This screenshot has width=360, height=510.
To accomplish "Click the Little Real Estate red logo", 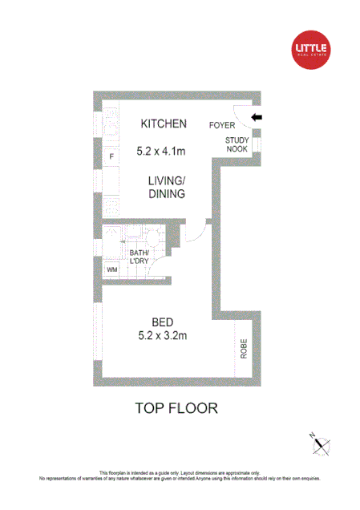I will (x=312, y=50).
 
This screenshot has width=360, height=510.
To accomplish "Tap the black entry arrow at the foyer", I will (x=257, y=119).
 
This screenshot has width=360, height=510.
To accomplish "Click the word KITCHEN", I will (x=164, y=123).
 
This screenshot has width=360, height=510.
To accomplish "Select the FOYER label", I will (x=222, y=125).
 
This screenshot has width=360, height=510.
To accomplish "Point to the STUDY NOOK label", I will (x=237, y=144).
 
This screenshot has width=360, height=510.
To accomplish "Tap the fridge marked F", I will (x=111, y=156).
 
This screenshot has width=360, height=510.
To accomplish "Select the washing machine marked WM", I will (x=111, y=270).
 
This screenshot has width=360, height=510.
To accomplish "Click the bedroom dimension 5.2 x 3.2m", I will (x=163, y=336).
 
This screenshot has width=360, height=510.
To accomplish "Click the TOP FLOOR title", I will (x=177, y=408).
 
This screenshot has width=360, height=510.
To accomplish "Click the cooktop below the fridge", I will (x=107, y=207).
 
